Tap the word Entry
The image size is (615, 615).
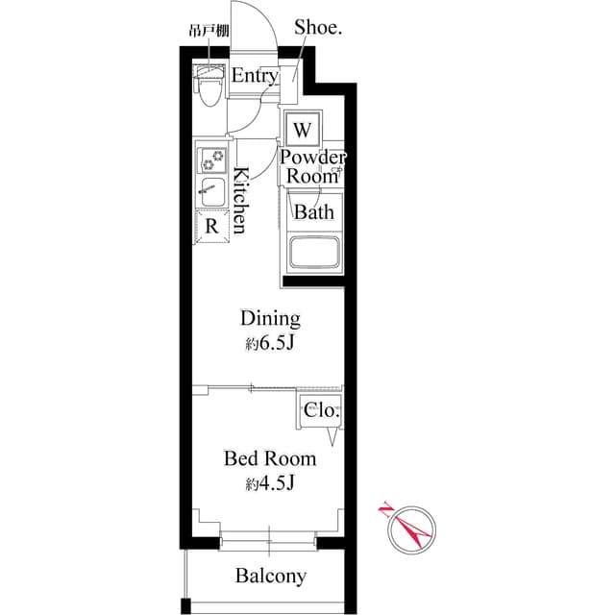pyautogui.click(x=255, y=76)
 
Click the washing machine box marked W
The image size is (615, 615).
pyautogui.click(x=303, y=129)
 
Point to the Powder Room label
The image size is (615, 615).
pyautogui.click(x=312, y=166)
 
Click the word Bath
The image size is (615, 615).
pyautogui.click(x=313, y=212)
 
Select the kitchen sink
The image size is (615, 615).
pyautogui.click(x=210, y=193)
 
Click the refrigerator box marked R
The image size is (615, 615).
pyautogui.click(x=210, y=226)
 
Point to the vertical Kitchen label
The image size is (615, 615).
pyautogui.click(x=241, y=201)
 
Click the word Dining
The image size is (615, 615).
pyautogui.click(x=270, y=318)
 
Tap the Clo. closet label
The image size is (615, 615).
pyautogui.click(x=321, y=410)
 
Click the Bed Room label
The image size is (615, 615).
pyautogui.click(x=270, y=458)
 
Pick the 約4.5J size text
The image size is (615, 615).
pyautogui.click(x=270, y=484)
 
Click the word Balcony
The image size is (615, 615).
pyautogui.click(x=271, y=577)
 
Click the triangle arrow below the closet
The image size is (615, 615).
pyautogui.click(x=332, y=436)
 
